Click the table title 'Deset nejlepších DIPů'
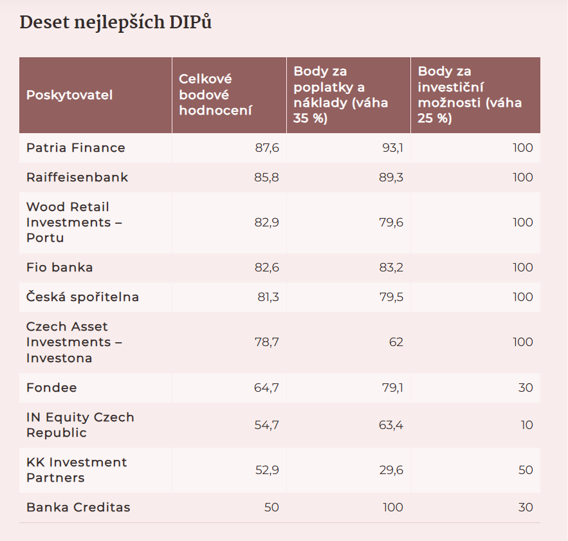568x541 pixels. [116, 23]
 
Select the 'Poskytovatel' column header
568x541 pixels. [69, 95]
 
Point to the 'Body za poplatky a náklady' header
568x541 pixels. [341, 95]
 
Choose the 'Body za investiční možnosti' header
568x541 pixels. [470, 95]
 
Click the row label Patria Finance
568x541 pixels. [76, 148]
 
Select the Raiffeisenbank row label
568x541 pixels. [77, 178]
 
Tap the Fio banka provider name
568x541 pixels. [60, 268]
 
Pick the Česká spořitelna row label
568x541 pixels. [82, 297]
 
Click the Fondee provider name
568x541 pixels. [51, 388]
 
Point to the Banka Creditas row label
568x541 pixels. [78, 508]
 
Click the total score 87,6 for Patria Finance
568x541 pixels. [267, 148]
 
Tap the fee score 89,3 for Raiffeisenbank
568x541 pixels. [391, 178]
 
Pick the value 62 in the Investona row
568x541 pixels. [396, 342]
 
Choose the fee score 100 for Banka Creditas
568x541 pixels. [392, 508]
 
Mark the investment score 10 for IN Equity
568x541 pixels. [526, 425]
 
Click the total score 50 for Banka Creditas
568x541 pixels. [271, 508]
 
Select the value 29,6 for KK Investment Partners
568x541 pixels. [391, 470]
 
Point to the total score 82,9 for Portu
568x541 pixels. [267, 223]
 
